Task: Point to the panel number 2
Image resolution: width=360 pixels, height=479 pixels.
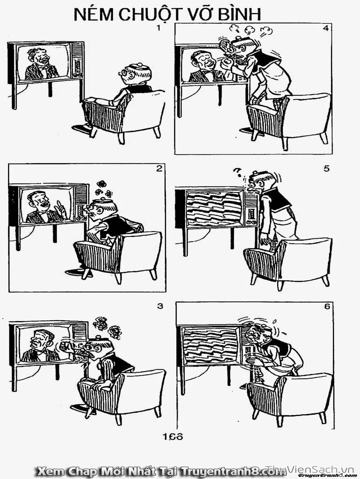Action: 160,169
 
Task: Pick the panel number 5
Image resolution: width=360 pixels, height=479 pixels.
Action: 326,169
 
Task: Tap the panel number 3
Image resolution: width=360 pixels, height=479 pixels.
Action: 160,307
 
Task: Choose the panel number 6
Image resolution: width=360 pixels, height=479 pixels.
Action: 327,307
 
